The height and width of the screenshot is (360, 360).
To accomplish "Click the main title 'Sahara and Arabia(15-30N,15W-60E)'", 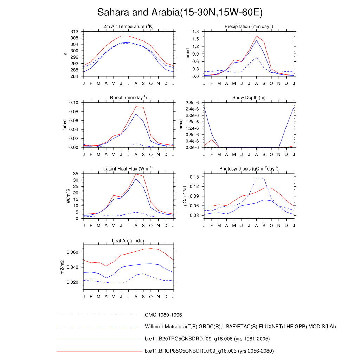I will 180,13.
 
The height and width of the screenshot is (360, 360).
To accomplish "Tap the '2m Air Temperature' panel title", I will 128,27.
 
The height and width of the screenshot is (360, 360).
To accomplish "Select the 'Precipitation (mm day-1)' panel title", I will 249,27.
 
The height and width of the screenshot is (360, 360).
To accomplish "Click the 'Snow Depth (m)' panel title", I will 249,98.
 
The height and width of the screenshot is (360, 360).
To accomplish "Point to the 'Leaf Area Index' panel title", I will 128,241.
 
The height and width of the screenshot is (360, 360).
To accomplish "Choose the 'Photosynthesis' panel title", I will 249,169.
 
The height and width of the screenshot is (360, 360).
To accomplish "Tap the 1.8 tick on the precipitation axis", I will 196,32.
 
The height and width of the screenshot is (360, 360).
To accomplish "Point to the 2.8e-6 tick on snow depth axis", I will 193,103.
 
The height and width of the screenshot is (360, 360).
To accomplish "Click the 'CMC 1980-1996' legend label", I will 163,315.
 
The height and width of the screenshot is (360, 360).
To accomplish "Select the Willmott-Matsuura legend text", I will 240,327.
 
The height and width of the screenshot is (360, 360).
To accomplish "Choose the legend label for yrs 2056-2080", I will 209,351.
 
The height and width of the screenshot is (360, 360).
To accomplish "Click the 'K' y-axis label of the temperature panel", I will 65,54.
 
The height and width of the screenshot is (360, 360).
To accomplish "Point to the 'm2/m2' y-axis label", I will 62,267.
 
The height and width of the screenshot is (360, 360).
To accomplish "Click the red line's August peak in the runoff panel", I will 136,106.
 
